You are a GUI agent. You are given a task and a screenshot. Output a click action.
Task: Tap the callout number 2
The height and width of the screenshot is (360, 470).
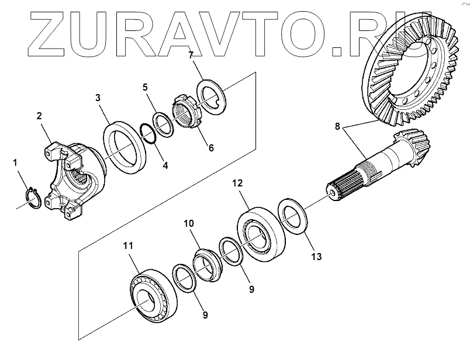(39, 116)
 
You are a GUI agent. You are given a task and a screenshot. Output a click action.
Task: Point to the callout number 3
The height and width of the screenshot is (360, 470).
(98, 97)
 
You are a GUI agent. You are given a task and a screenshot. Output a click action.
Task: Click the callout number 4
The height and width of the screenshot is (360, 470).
(165, 165)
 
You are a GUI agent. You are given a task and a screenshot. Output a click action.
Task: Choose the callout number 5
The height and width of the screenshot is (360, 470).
(146, 87)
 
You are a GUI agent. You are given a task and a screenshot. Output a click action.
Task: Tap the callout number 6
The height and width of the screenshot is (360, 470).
(211, 148)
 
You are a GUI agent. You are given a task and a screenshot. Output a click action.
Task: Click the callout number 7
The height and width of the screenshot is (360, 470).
(191, 56)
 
